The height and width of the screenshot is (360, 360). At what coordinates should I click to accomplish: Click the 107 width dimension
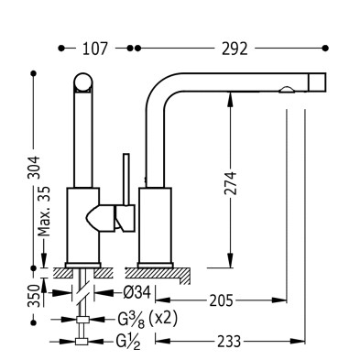point(95,49)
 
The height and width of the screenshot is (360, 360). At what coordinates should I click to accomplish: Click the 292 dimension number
point(235,49)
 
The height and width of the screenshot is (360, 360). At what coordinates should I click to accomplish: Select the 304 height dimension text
point(34,168)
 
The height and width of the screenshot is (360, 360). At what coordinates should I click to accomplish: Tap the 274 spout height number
point(230,183)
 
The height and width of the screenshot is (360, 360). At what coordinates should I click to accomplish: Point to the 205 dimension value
point(221,301)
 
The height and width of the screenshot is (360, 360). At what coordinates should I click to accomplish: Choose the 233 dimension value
point(229,342)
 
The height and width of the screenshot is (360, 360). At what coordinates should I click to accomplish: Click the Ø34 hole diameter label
point(137,293)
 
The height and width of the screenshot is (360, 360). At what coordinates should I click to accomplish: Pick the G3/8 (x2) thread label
point(147,320)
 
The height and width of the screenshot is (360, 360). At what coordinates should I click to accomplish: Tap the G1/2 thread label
point(128,342)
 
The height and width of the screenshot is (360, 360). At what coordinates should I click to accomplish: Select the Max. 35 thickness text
point(44,212)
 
